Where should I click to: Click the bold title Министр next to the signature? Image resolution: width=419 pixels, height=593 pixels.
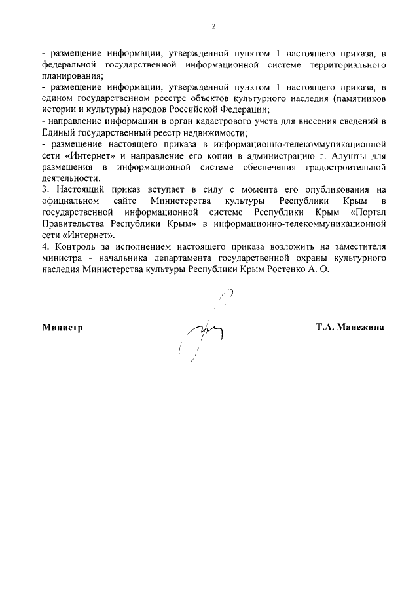pos(63,326)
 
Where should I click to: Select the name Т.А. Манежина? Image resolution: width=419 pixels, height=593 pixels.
pos(350,326)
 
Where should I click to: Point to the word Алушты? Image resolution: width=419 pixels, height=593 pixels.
pos(330,155)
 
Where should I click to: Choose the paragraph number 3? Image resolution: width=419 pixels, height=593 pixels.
pos(43,189)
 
